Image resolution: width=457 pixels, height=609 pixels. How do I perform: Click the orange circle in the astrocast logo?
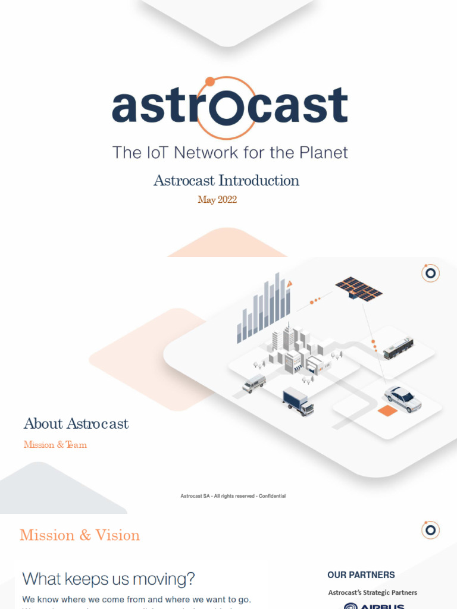point(226,108)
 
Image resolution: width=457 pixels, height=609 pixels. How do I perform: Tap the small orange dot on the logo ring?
point(209,81)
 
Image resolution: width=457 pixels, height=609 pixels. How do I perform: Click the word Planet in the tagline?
point(318,152)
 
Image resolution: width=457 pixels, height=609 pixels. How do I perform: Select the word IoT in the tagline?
point(154,152)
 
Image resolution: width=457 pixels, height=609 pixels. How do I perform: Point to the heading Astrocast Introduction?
point(226,180)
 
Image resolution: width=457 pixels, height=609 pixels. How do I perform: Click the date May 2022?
point(217,200)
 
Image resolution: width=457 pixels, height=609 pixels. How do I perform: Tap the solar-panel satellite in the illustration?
point(359,288)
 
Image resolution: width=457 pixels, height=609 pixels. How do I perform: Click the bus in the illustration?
point(398,348)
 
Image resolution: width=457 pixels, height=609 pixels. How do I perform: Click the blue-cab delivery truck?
point(298,401)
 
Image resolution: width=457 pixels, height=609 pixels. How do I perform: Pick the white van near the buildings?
point(254,384)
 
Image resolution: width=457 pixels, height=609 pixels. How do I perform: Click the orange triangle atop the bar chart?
point(289,285)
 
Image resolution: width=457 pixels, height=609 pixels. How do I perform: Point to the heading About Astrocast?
point(76,424)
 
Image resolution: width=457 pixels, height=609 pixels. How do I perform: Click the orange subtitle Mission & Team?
point(55,444)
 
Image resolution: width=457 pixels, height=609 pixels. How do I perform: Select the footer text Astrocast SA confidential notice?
point(233,496)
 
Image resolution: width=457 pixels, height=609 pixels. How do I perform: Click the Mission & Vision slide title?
point(80,535)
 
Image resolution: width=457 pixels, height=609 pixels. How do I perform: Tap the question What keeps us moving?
point(108,579)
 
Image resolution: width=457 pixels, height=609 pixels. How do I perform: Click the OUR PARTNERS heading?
point(361,575)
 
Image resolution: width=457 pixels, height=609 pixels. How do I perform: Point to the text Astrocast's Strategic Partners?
point(373,592)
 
